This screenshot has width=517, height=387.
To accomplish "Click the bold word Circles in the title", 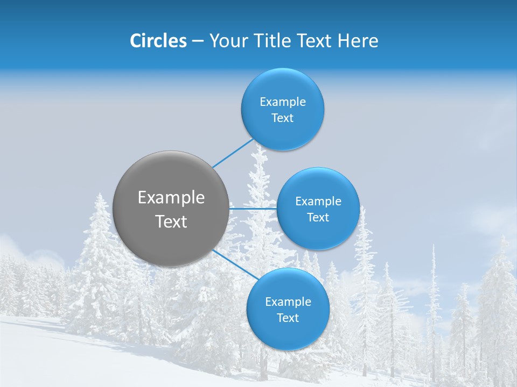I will click(x=158, y=41).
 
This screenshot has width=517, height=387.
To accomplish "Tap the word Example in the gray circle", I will click(x=171, y=198).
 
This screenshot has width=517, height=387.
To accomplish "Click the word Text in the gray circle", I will click(x=171, y=221).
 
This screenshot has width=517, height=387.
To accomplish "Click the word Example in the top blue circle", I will click(x=283, y=102).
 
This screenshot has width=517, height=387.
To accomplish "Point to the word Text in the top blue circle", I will click(x=282, y=118).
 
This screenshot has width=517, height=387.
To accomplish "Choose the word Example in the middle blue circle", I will click(x=318, y=201).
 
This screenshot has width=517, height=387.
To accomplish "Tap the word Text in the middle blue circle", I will click(x=318, y=217).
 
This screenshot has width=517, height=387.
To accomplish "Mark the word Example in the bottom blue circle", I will click(x=288, y=302).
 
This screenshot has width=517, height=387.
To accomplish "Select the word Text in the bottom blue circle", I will click(x=288, y=318).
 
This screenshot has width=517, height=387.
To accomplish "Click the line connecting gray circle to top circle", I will click(x=233, y=153).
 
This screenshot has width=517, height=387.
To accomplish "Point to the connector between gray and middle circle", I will click(x=253, y=208).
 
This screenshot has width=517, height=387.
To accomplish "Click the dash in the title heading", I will click(x=198, y=41).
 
